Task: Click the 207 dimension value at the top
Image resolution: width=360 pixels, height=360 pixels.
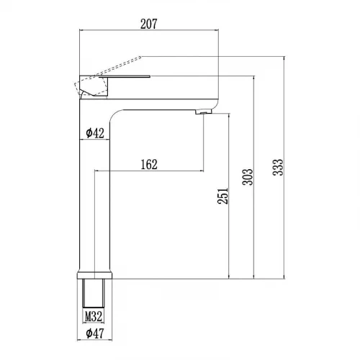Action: click(x=149, y=24)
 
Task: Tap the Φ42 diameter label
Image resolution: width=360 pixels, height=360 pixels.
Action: click(x=95, y=133)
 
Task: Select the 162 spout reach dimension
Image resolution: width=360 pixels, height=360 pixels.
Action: click(x=149, y=164)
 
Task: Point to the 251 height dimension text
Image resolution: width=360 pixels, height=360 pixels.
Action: click(x=222, y=196)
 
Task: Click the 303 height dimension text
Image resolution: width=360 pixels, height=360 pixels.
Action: click(x=248, y=177)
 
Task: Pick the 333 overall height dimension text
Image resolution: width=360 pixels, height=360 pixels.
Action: click(x=278, y=167)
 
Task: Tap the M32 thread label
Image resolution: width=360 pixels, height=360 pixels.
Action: click(x=94, y=316)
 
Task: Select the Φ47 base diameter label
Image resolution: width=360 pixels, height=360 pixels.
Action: click(x=95, y=333)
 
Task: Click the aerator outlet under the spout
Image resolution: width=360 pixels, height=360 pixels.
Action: click(x=204, y=112)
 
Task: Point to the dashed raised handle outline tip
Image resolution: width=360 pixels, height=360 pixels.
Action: click(x=141, y=57)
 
